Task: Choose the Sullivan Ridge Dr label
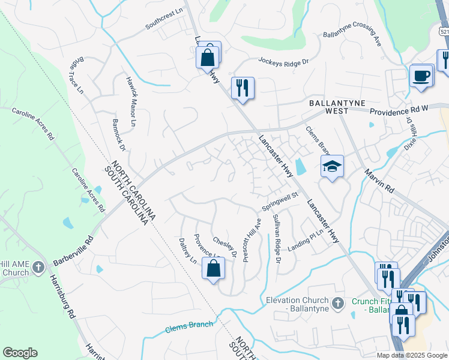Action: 276,238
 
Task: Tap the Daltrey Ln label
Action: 188,249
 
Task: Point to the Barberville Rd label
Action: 73,251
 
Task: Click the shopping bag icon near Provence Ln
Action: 214,269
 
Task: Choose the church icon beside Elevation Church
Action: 338,303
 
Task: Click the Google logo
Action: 20,353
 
